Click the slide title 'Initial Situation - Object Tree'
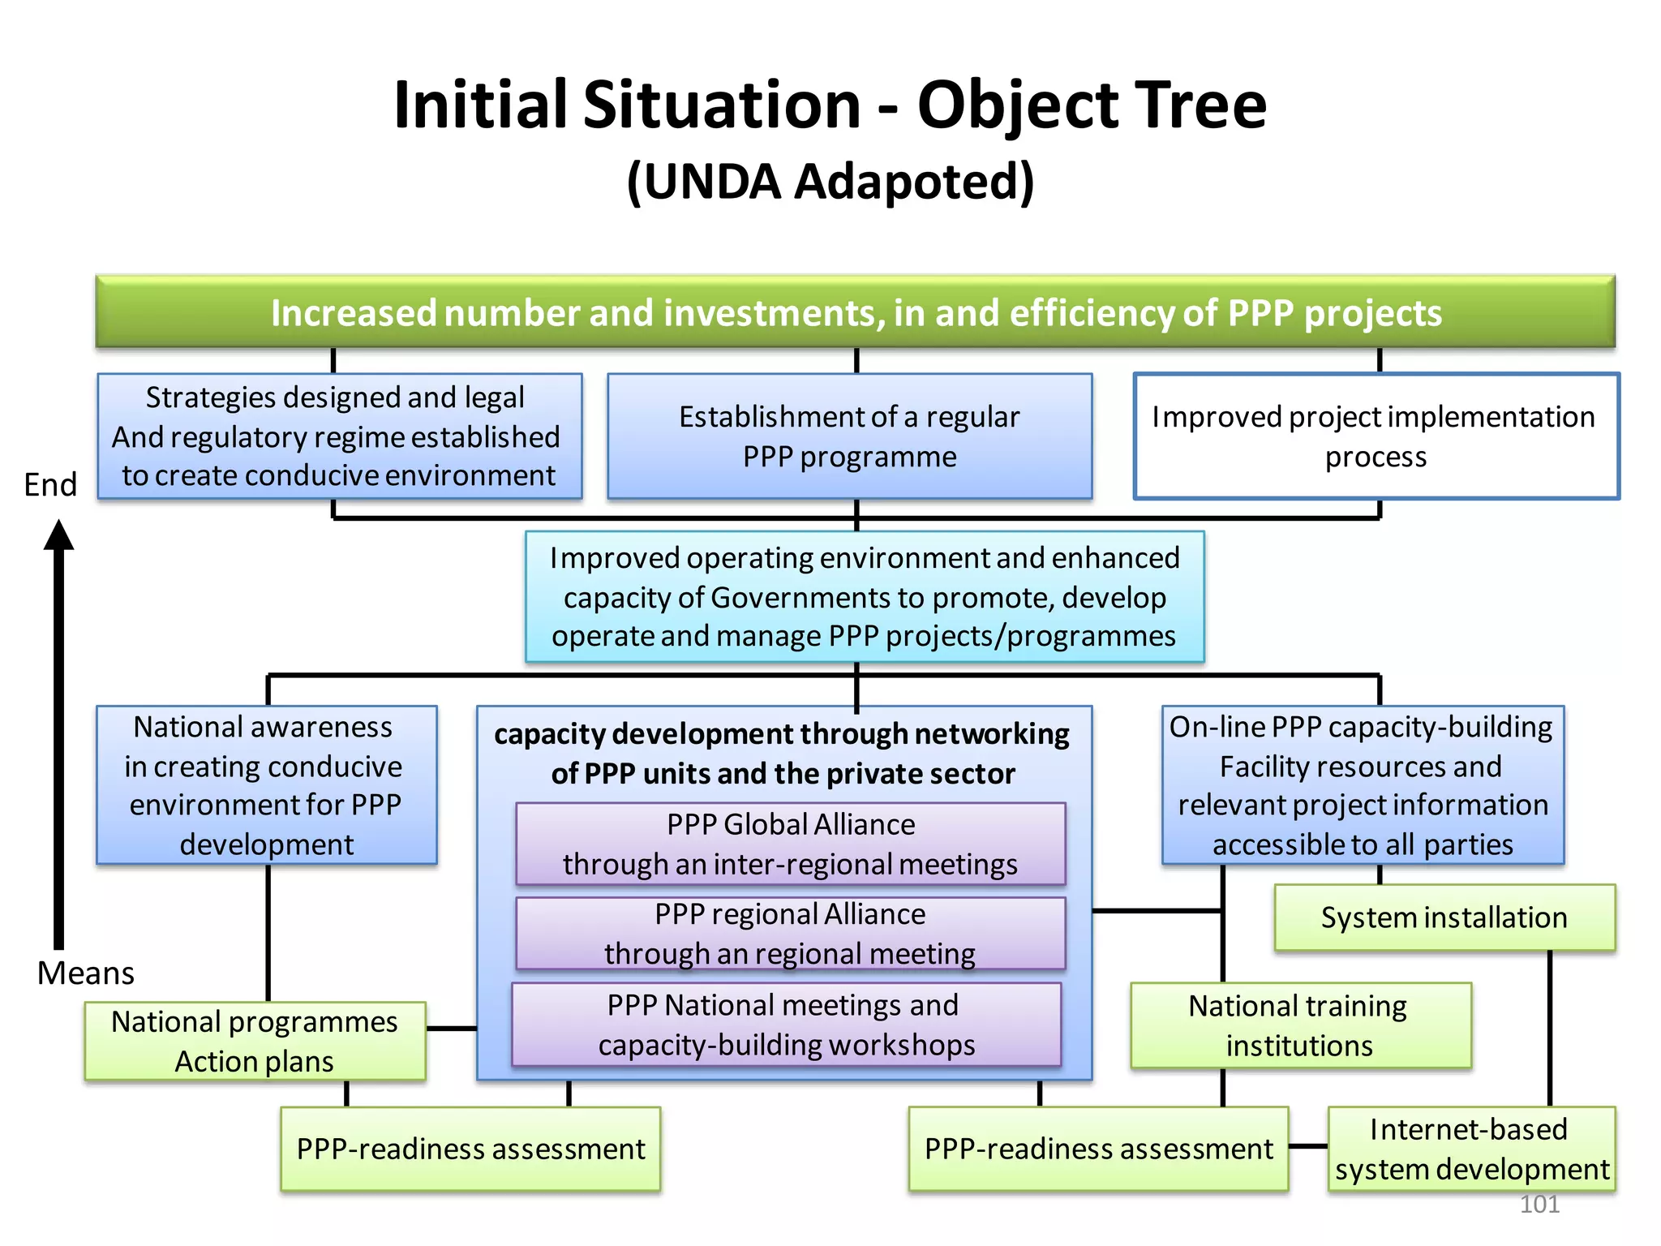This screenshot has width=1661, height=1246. tap(830, 105)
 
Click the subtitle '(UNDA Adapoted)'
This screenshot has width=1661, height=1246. tap(830, 182)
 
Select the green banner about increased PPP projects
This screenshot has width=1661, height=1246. tap(856, 312)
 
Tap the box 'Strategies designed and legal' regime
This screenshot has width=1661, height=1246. tap(339, 436)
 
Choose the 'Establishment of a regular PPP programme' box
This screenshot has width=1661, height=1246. tap(849, 436)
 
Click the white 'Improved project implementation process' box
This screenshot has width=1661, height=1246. tap(1376, 436)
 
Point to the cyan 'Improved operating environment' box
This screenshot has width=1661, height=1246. tap(864, 597)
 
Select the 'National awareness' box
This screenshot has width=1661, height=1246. tap(266, 785)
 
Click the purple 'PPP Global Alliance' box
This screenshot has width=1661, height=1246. tap(790, 844)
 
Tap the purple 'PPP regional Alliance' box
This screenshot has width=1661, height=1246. tap(790, 933)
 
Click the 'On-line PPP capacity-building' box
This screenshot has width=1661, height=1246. tap(1362, 785)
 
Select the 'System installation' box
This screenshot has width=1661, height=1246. tap(1444, 917)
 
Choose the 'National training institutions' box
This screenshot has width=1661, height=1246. tap(1299, 1025)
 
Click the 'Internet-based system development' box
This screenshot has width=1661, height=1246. tap(1470, 1149)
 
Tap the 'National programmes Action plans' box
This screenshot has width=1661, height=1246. tap(255, 1041)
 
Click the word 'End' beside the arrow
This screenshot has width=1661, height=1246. tap(50, 485)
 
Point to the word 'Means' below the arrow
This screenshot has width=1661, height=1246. tap(86, 973)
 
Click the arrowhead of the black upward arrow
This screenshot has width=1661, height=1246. tap(58, 536)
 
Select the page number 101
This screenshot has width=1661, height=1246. tap(1539, 1204)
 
